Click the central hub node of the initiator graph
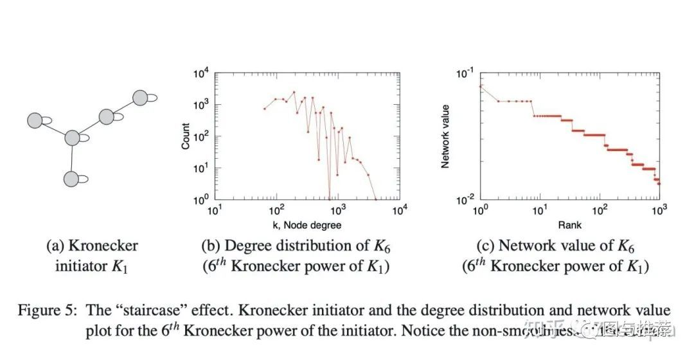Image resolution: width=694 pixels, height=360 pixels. [72, 138]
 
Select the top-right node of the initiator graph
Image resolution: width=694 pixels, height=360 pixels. [140, 98]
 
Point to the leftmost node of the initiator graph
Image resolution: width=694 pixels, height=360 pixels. [35, 120]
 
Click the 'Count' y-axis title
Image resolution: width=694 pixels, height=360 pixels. [186, 136]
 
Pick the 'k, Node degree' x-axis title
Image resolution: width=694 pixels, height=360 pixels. [307, 224]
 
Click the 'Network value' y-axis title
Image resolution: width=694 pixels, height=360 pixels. [445, 136]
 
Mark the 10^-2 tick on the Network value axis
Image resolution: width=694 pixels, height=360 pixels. [462, 199]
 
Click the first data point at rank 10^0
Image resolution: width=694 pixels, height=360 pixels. [480, 86]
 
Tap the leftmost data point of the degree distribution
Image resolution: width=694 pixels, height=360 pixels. [265, 109]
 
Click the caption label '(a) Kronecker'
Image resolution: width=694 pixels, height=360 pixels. [92, 246]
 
